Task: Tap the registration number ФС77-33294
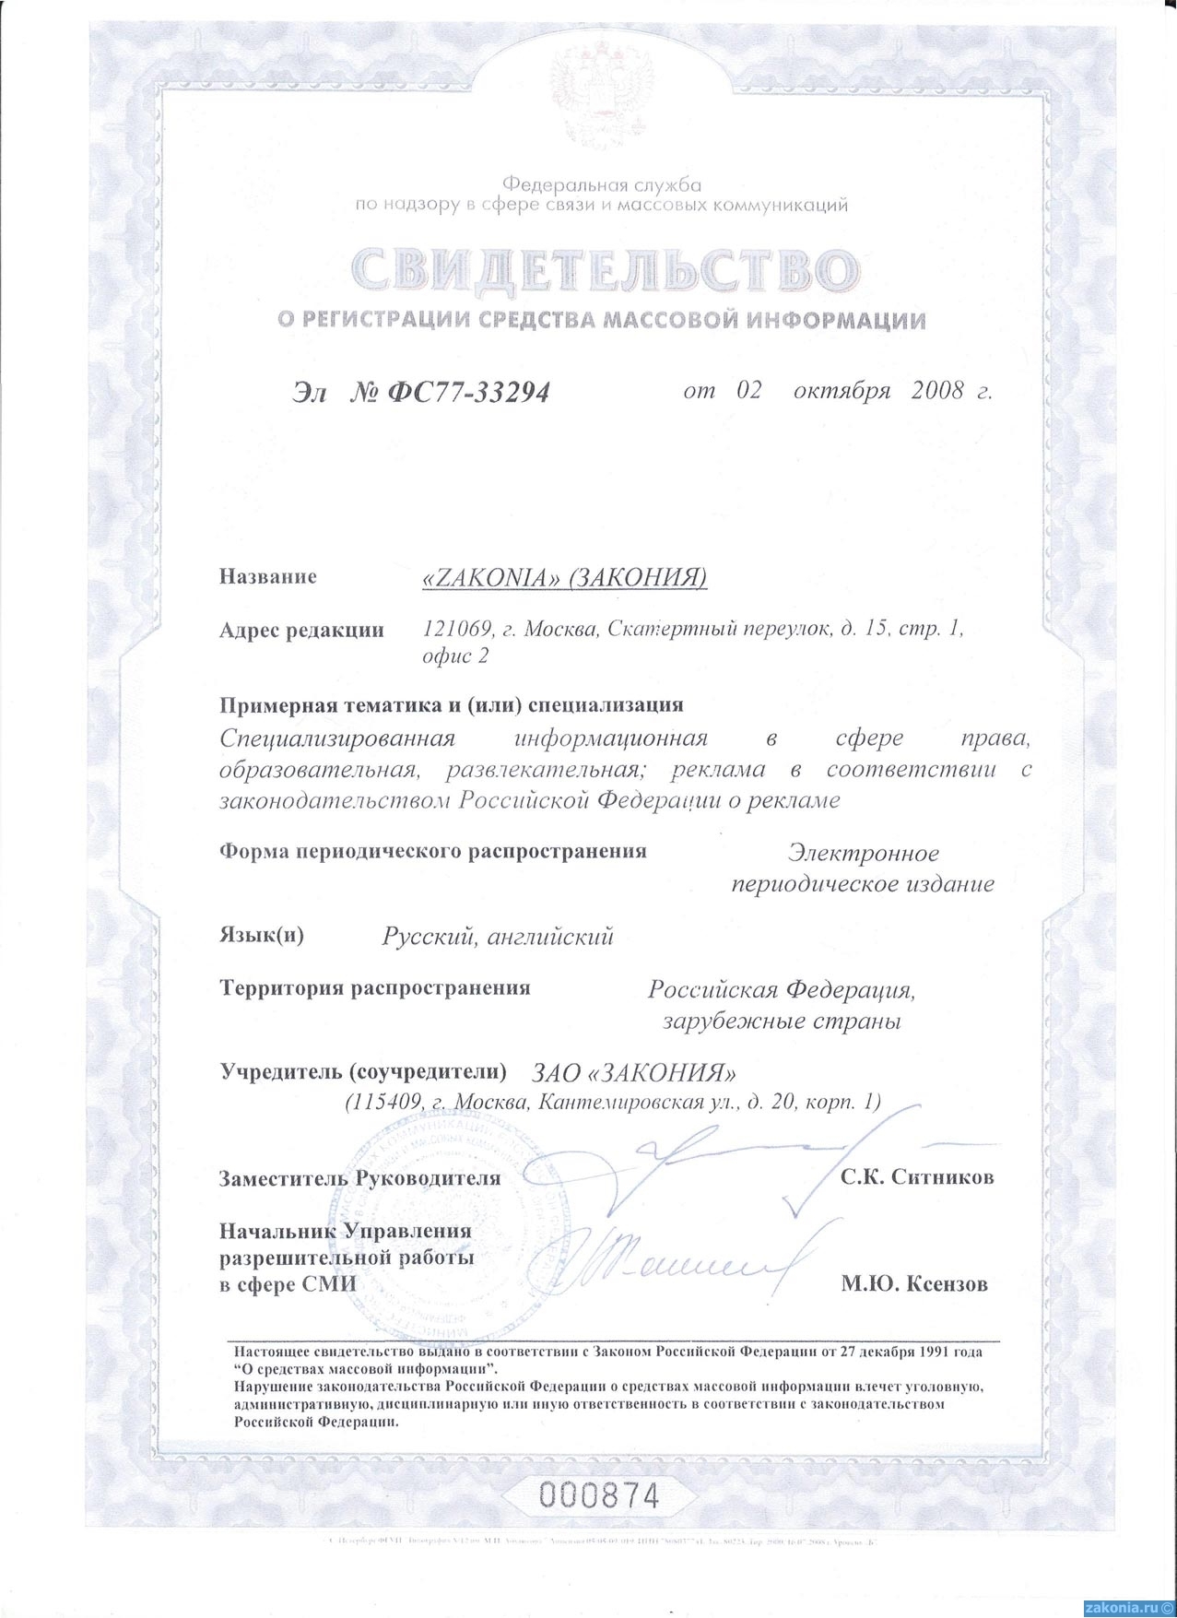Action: coord(469,393)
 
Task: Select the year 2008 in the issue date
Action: coord(936,390)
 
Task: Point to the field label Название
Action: coord(268,577)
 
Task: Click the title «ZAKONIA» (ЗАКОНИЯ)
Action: coord(563,577)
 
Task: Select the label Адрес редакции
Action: coord(301,631)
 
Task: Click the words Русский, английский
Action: coord(498,938)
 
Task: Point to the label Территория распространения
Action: coord(375,988)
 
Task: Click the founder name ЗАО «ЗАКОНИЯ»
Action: coord(635,1073)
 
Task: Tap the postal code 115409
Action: coord(383,1102)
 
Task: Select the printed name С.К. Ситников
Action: coord(916,1177)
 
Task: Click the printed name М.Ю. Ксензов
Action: coord(914,1283)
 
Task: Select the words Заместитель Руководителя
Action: coord(359,1178)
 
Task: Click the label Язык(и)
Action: coord(262,936)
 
